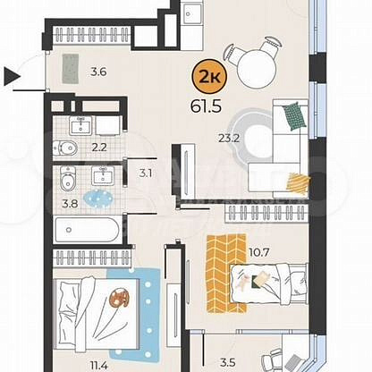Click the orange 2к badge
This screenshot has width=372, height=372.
click(209, 77)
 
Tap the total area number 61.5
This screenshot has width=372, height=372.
click(206, 106)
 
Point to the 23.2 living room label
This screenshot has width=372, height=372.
click(229, 139)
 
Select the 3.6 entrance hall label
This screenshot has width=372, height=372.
click(98, 72)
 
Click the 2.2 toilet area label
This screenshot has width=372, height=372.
click(99, 147)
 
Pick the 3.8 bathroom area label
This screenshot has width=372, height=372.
click(70, 204)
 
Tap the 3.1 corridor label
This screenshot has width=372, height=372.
click(146, 173)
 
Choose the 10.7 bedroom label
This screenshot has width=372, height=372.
click(258, 253)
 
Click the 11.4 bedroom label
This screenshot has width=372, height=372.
click(99, 366)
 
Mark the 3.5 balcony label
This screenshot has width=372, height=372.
click(228, 363)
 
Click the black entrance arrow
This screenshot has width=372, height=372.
click(12, 77)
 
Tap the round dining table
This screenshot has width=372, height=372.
click(257, 69)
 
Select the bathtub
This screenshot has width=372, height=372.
click(87, 230)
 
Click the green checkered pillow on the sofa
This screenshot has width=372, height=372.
click(294, 116)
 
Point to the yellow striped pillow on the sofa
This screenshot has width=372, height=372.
click(298, 182)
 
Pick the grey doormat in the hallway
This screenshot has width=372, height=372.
click(71, 69)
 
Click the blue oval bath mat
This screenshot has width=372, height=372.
click(98, 199)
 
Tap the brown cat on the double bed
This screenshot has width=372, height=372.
click(119, 298)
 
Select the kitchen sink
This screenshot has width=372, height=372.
click(191, 13)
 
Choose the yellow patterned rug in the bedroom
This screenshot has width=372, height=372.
click(227, 274)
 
